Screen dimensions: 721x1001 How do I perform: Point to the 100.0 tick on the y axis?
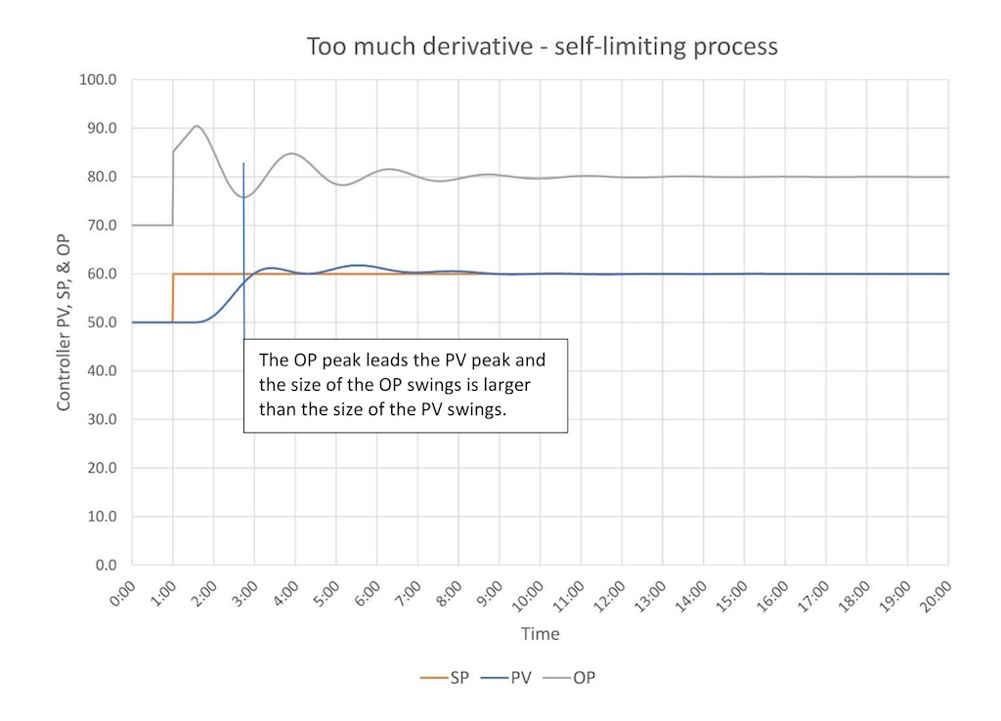pyautogui.click(x=98, y=80)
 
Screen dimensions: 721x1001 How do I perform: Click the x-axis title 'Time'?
pyautogui.click(x=540, y=634)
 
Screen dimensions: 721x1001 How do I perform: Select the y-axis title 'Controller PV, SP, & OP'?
pyautogui.click(x=64, y=321)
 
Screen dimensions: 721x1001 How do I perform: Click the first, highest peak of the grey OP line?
pyautogui.click(x=196, y=126)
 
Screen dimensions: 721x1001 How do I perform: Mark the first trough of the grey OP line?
pyautogui.click(x=243, y=197)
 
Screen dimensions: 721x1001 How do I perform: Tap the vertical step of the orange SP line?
pyautogui.click(x=173, y=298)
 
